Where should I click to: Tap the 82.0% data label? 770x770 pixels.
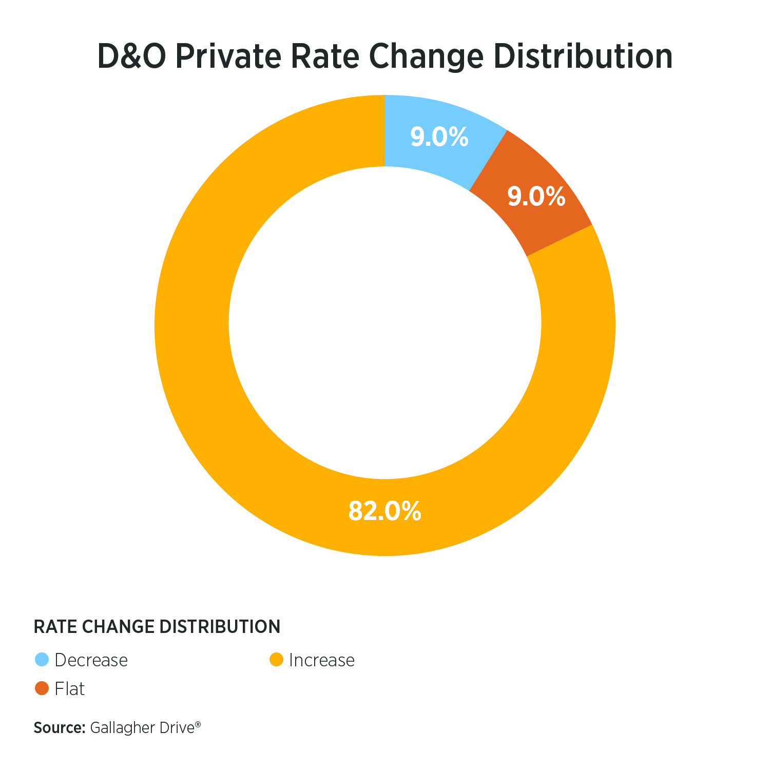click(x=384, y=511)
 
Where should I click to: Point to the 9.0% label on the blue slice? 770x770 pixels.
click(x=439, y=137)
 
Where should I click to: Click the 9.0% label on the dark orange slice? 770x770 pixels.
click(x=536, y=197)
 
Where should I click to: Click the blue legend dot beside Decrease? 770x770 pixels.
click(x=42, y=660)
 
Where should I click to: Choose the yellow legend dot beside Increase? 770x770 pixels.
click(x=277, y=660)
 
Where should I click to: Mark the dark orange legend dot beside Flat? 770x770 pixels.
click(x=42, y=688)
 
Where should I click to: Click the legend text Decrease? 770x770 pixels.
click(x=91, y=660)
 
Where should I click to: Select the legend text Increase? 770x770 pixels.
click(x=322, y=660)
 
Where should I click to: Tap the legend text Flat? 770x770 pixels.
click(x=69, y=689)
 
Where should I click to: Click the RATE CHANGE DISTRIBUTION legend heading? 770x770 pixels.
click(x=157, y=627)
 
